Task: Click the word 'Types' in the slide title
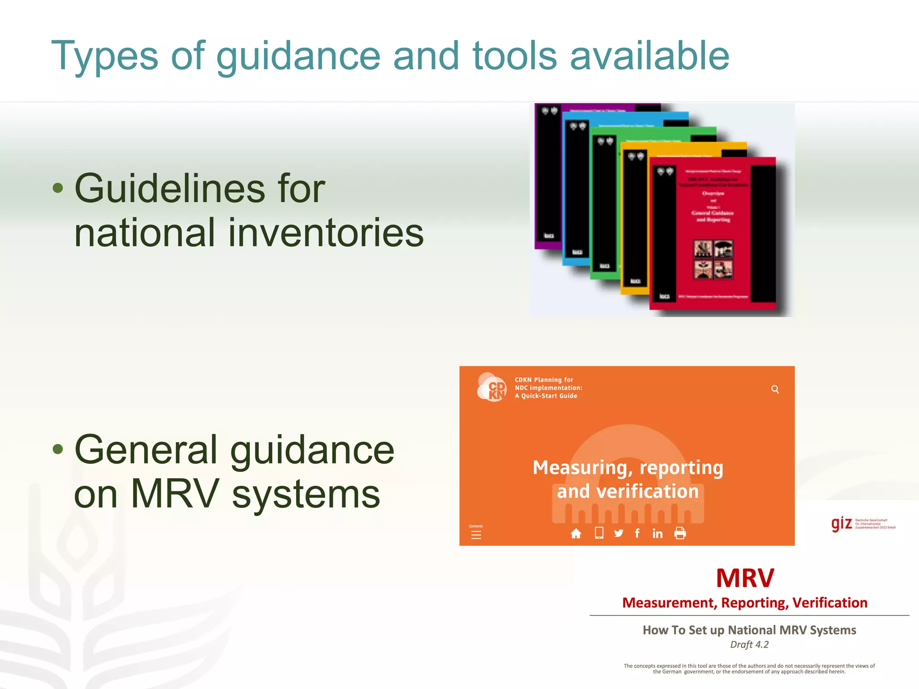tap(105, 56)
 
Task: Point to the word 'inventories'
tap(326, 233)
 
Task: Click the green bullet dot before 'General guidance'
tap(58, 449)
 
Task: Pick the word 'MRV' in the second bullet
tap(175, 494)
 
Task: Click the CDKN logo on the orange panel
tap(492, 387)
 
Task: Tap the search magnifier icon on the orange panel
tap(775, 389)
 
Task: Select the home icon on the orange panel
tap(576, 533)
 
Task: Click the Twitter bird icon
tap(619, 533)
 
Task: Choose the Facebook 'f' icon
tap(637, 533)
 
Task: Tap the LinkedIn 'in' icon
tap(657, 533)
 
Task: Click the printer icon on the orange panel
tap(680, 533)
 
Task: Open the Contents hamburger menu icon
tap(476, 534)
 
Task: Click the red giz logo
tap(841, 523)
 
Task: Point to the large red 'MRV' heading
tap(745, 578)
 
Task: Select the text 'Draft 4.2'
tap(749, 645)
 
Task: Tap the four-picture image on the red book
tap(713, 259)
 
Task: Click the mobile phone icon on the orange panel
tap(599, 533)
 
